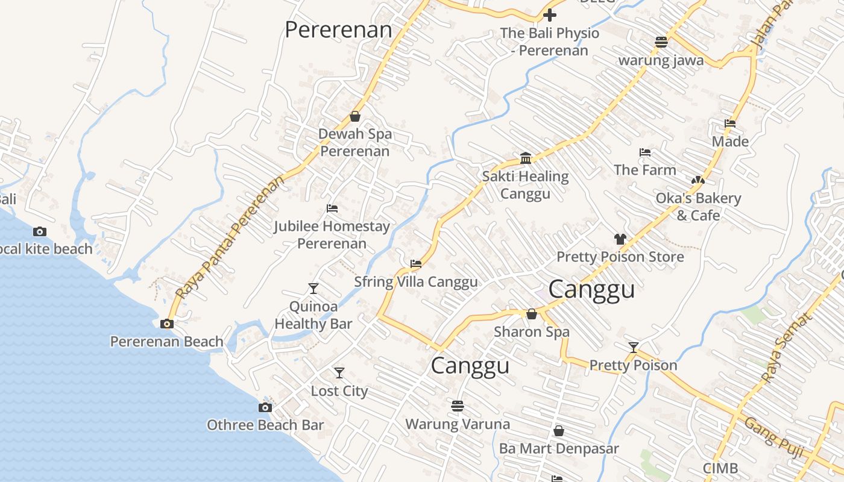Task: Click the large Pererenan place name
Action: tap(338, 30)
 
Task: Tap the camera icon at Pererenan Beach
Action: tap(167, 324)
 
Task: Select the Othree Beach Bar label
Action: tap(265, 425)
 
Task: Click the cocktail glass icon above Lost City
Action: tap(339, 373)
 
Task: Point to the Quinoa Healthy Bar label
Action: tap(313, 315)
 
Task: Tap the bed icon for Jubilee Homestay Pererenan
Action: tap(332, 208)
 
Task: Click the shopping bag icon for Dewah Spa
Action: tap(355, 116)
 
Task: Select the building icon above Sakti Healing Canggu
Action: tap(526, 158)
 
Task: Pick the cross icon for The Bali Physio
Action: tap(550, 15)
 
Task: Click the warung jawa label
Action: tap(661, 60)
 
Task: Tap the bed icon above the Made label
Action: tap(730, 124)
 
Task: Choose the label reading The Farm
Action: tap(645, 171)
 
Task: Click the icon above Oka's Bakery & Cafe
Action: tap(698, 180)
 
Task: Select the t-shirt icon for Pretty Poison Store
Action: tap(620, 239)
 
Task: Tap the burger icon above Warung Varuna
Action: tap(458, 406)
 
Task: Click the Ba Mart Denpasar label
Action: tap(559, 449)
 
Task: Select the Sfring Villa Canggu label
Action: tap(416, 282)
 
